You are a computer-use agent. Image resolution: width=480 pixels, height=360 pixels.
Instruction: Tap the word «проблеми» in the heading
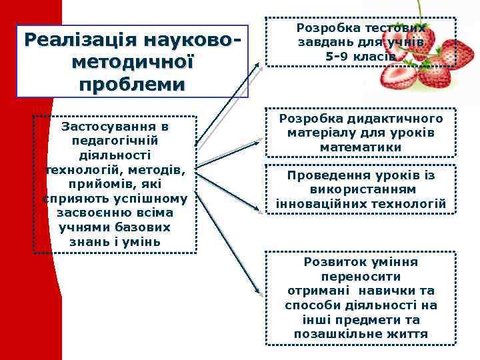(131, 85)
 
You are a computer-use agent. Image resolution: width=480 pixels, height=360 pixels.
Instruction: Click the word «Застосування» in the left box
(115, 126)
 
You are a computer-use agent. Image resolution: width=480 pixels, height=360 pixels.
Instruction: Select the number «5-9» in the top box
(341, 57)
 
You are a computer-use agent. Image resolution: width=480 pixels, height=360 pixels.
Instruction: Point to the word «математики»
(361, 147)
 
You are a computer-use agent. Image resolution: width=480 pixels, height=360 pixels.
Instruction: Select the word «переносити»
(361, 277)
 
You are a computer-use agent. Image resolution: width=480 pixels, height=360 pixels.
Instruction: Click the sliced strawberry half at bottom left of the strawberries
(399, 77)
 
